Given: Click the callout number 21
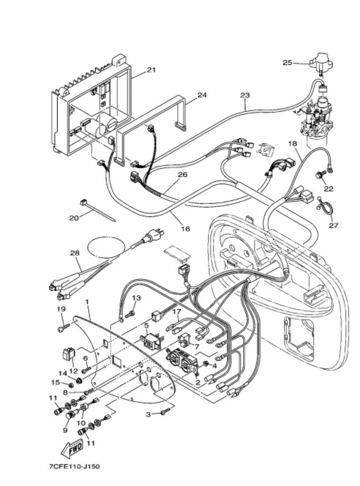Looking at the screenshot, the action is point(151,70).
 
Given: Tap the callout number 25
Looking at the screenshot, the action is point(287,63).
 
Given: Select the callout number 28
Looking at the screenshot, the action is point(74,253).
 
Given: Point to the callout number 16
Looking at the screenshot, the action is point(185,229).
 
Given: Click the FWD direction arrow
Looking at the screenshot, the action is point(72,448).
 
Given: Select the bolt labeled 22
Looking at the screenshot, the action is point(319,175).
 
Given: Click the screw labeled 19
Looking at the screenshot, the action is point(64,327).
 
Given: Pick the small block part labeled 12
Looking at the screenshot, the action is point(69,354).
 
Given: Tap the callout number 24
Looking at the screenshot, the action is point(202,95).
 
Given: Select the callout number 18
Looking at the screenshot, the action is point(293,143).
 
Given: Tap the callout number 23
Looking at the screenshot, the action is point(245,95).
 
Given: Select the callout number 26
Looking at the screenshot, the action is point(183,175).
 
